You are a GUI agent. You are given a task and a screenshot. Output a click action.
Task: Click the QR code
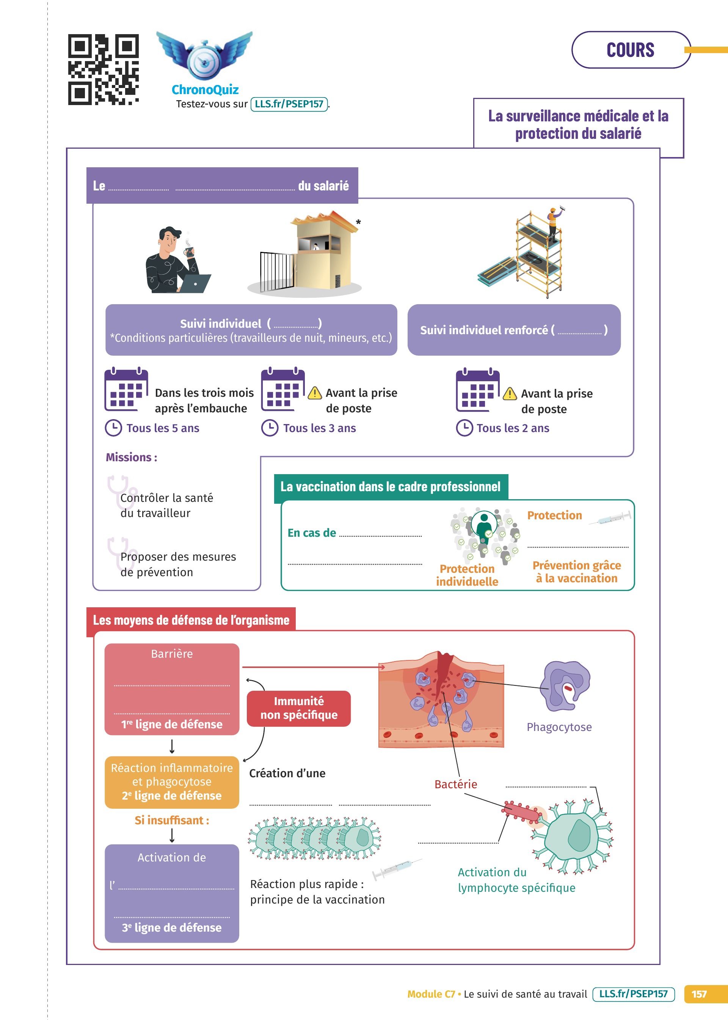(x=103, y=69)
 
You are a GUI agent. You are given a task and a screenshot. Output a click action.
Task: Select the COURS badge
(x=630, y=50)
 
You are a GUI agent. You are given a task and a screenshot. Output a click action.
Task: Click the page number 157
(x=698, y=994)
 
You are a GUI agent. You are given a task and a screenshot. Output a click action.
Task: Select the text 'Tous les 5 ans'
(x=163, y=428)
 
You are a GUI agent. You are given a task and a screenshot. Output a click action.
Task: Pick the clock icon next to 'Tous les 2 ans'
(x=464, y=428)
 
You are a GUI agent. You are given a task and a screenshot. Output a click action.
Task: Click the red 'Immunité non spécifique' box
(x=298, y=708)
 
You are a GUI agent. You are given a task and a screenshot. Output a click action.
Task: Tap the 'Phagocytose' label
(x=559, y=727)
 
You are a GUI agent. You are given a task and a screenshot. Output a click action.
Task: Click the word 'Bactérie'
(x=455, y=784)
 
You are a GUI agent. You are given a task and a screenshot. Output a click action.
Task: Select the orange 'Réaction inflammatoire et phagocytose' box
(x=172, y=782)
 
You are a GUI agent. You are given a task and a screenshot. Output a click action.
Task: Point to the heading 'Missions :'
(x=131, y=457)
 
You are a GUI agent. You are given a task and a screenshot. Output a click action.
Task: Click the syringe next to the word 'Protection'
(x=610, y=518)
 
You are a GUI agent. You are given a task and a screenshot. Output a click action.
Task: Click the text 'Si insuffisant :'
(x=172, y=820)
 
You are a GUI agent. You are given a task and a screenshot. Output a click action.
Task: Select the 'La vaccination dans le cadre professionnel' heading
(x=391, y=487)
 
